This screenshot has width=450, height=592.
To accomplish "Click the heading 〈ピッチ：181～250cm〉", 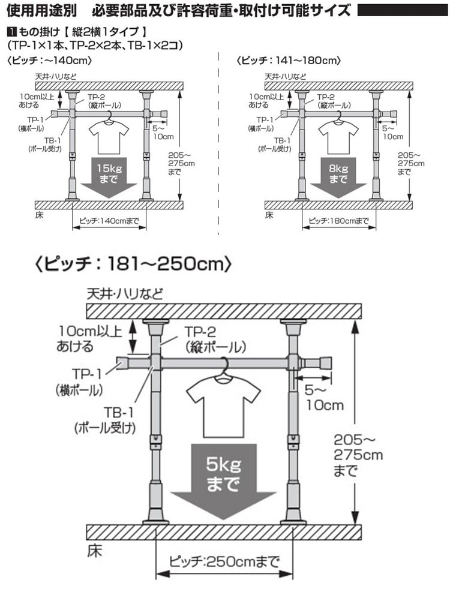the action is (132, 264).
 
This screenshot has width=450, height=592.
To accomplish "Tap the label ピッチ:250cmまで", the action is (224, 562).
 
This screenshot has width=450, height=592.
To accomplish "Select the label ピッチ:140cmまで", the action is (109, 221).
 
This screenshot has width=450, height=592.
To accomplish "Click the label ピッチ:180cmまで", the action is (338, 221).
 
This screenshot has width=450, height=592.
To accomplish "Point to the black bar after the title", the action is (403, 10).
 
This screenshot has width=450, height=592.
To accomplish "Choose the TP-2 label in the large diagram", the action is (215, 339).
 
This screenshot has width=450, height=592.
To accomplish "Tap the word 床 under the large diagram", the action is (94, 551).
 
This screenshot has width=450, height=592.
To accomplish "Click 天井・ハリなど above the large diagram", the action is (125, 294).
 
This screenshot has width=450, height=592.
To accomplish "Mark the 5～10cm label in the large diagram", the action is (324, 397).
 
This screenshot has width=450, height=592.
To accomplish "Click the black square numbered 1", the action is (13, 31).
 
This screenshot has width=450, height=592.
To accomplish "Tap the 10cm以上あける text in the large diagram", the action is (89, 339).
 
